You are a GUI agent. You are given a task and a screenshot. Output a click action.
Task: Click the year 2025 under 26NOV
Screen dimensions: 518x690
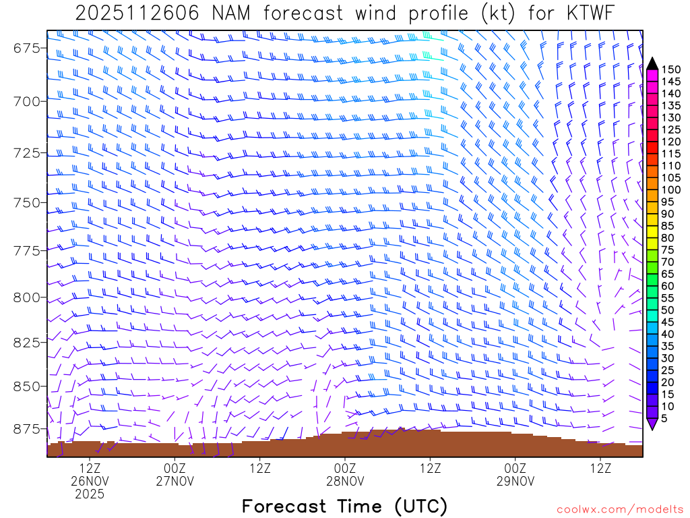point(90,494)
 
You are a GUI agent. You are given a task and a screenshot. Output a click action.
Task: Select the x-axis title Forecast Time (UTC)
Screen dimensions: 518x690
point(344,506)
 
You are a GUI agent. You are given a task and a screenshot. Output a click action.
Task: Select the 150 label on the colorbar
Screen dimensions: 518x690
point(671,69)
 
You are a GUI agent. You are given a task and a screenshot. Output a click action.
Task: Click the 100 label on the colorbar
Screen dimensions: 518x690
point(671,190)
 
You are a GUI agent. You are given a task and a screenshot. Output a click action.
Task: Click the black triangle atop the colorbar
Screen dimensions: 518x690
point(652,63)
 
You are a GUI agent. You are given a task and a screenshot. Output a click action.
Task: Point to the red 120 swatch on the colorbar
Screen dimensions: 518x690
point(652,142)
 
